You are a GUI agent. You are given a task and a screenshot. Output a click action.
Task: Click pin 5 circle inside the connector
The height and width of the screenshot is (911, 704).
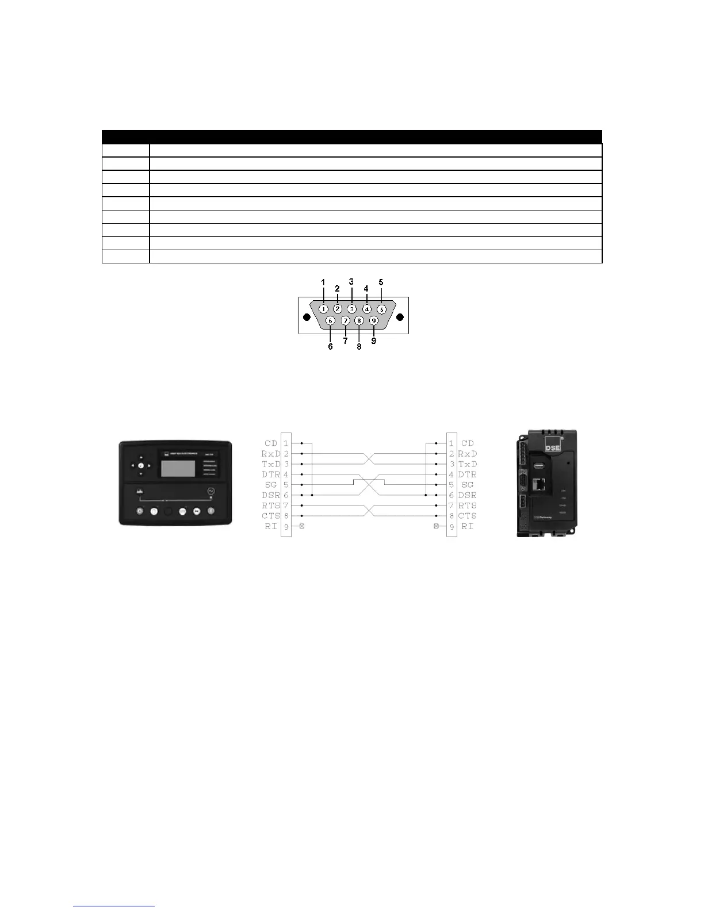(x=381, y=309)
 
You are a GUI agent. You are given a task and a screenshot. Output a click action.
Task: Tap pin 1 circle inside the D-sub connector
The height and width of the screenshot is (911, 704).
(x=324, y=309)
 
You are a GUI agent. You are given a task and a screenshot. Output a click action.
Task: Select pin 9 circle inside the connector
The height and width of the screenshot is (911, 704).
(x=373, y=321)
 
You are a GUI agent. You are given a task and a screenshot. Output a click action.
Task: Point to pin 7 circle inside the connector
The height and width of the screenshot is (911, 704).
(x=345, y=321)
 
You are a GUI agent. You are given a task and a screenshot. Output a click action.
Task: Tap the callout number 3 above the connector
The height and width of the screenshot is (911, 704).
(x=351, y=281)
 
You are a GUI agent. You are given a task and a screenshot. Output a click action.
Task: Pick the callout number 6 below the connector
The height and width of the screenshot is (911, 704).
(x=330, y=347)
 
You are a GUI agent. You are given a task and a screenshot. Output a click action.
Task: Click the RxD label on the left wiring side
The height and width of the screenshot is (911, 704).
(x=270, y=454)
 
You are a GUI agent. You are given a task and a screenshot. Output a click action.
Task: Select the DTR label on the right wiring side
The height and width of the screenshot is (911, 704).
(x=468, y=474)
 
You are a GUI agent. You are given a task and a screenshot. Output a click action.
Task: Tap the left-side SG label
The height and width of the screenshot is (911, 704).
(x=271, y=485)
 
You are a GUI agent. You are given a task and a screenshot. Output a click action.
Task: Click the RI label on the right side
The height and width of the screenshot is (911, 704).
(x=468, y=526)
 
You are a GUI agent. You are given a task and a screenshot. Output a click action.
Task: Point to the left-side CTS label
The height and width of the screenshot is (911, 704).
(x=270, y=516)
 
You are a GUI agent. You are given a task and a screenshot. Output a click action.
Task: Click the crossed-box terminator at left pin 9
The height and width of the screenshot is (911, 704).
(x=302, y=526)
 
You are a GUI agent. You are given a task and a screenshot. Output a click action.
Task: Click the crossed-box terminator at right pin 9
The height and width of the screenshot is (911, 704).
(x=436, y=526)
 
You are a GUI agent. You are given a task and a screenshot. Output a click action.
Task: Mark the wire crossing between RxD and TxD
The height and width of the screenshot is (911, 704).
(x=369, y=459)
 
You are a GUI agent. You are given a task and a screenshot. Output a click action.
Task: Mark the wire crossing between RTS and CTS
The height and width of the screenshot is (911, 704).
(x=369, y=511)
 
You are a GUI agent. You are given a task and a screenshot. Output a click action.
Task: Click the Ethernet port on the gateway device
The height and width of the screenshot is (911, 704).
(x=540, y=484)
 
